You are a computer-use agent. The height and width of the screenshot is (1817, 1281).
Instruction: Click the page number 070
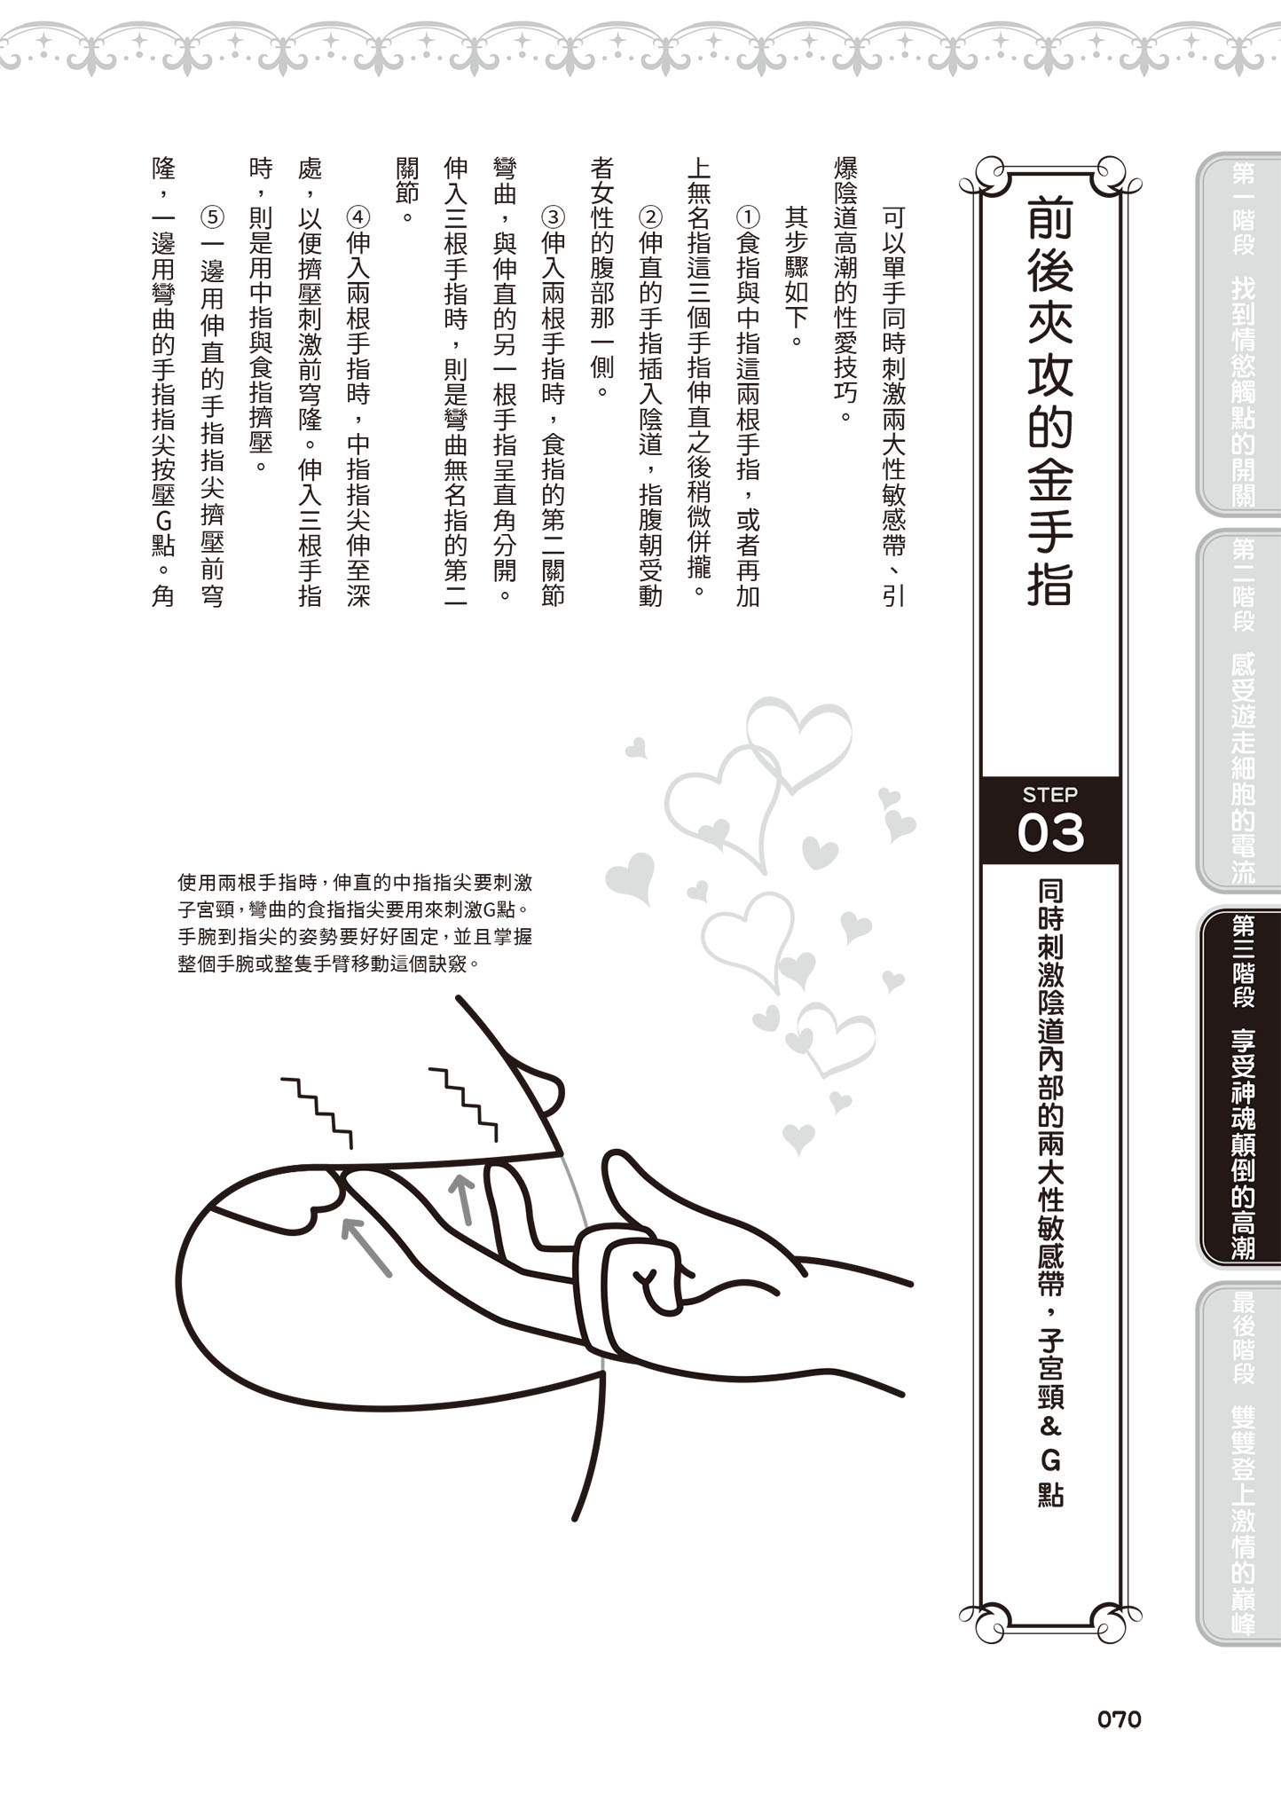tap(1119, 1719)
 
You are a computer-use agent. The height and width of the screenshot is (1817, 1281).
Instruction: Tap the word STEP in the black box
tap(1049, 794)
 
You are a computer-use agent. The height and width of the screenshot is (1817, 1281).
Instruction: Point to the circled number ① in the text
tap(748, 217)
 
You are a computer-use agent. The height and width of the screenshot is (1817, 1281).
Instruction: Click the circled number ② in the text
tap(650, 217)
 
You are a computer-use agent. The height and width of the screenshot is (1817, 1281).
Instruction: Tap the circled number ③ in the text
tap(553, 217)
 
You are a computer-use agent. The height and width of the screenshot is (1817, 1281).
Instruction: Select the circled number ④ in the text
tap(358, 217)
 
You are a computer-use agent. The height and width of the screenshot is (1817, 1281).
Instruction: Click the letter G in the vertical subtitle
tap(1050, 1459)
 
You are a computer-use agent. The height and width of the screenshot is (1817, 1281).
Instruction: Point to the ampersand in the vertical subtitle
tap(1050, 1426)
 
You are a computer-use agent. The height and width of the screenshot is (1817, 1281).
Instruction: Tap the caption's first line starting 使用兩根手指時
tap(355, 883)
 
